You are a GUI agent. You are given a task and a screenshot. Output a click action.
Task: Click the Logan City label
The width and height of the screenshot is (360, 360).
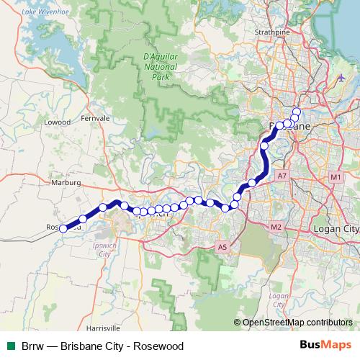click(x=336, y=228)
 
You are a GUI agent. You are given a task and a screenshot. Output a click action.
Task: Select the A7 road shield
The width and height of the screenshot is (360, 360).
click(x=282, y=176)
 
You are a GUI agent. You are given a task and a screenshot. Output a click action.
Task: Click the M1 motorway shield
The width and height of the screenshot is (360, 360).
click(x=336, y=177)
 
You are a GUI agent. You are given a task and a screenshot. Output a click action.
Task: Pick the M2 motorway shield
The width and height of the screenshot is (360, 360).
click(x=276, y=228)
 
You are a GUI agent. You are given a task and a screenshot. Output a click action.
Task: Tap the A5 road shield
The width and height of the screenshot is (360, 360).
click(x=222, y=248)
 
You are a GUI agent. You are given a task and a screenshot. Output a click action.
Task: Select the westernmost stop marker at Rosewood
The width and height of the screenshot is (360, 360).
click(x=63, y=229)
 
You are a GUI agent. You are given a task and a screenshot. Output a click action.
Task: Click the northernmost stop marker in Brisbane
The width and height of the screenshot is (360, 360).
click(x=296, y=111)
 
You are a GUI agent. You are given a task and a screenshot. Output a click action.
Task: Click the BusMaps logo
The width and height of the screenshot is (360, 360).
click(x=326, y=346)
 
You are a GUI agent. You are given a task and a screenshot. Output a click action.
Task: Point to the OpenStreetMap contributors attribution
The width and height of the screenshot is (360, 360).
click(x=297, y=323)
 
